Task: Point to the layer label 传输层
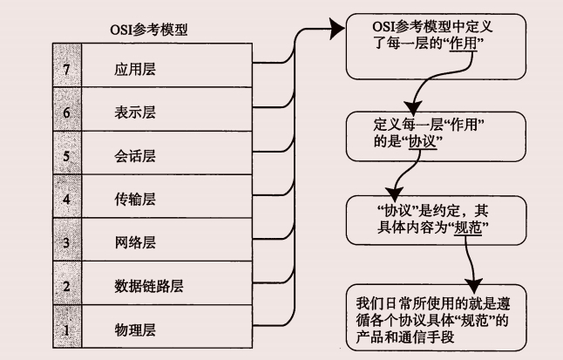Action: (x=135, y=199)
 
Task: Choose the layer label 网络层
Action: (x=135, y=242)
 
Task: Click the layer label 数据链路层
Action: (x=148, y=285)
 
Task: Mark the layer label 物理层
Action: (x=135, y=329)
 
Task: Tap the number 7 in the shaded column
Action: (x=66, y=66)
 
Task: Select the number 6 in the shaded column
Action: (x=66, y=111)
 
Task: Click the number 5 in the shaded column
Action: (x=66, y=155)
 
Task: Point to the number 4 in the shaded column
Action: (x=66, y=199)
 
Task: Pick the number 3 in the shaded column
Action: (x=66, y=242)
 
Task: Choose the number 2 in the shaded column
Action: (x=66, y=285)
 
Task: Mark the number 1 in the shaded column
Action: (x=66, y=329)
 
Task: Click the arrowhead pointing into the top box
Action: (x=336, y=31)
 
